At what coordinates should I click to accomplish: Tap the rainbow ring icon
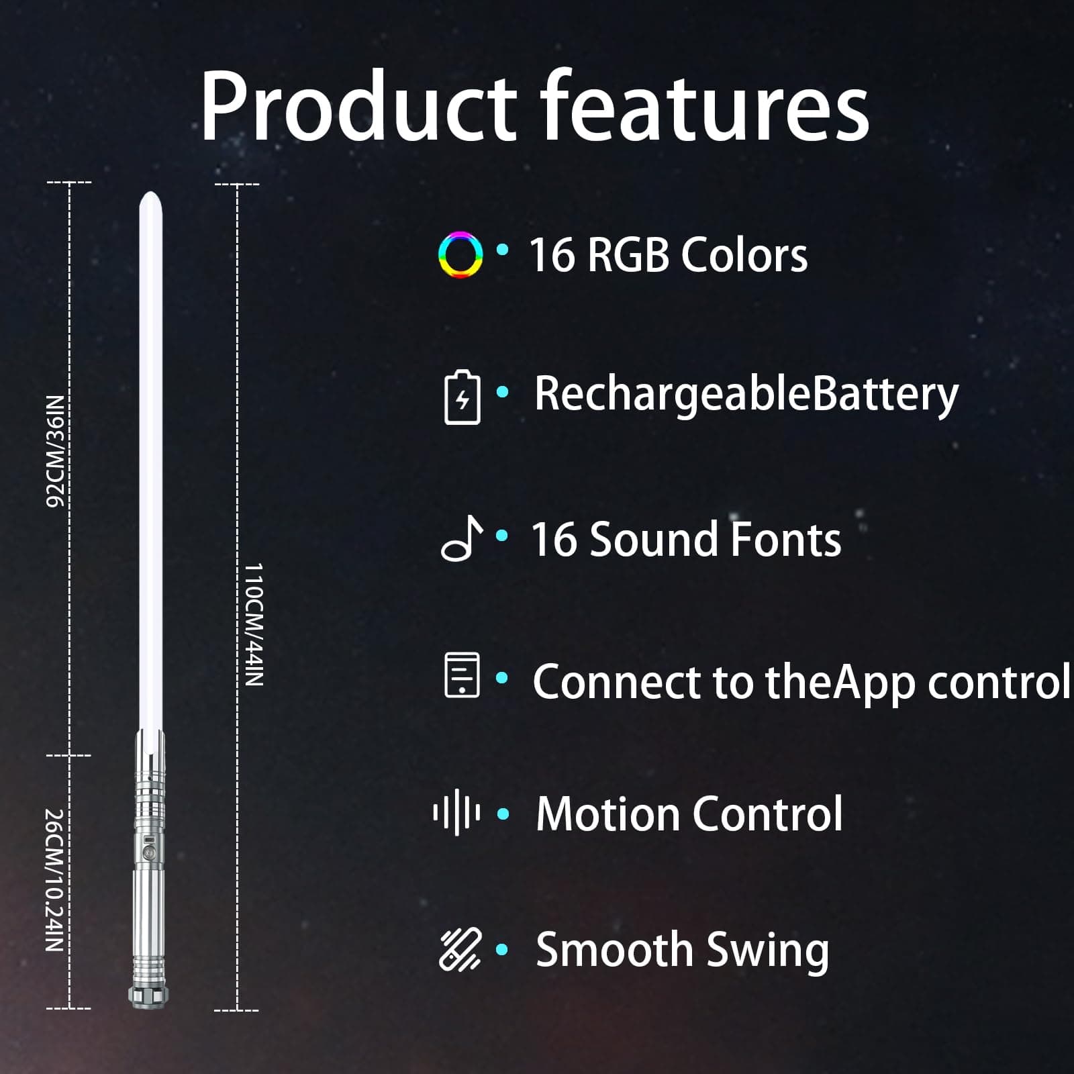coord(460,254)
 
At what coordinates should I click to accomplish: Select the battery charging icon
coord(462,397)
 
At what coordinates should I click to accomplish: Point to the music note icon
coord(462,538)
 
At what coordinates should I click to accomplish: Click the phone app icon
coord(462,675)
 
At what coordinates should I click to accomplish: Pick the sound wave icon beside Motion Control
coord(456,814)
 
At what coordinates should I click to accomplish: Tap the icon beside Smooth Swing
coord(460,949)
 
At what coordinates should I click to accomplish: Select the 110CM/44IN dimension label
coord(253,624)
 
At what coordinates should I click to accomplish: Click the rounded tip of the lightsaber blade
coord(150,197)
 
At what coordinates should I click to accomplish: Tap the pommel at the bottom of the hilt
coord(148,996)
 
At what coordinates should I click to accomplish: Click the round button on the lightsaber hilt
coord(149,852)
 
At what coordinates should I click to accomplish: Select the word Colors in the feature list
coord(744,255)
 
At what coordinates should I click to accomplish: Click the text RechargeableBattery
coord(746,395)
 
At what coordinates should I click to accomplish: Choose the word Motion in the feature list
coord(608,814)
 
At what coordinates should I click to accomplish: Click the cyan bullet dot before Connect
coord(501,678)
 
